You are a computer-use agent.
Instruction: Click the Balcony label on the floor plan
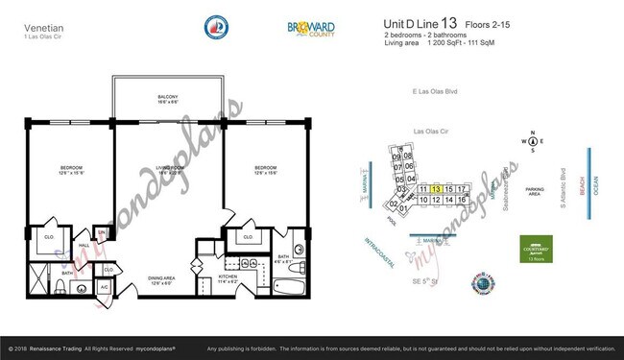pos(167,99)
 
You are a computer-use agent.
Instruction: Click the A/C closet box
pos(104,287)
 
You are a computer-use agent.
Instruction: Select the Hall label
pos(84,245)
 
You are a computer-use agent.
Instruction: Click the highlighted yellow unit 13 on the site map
pos(437,189)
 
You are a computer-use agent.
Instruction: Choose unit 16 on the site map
pos(462,199)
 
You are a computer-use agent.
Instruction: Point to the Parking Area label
pos(535,191)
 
